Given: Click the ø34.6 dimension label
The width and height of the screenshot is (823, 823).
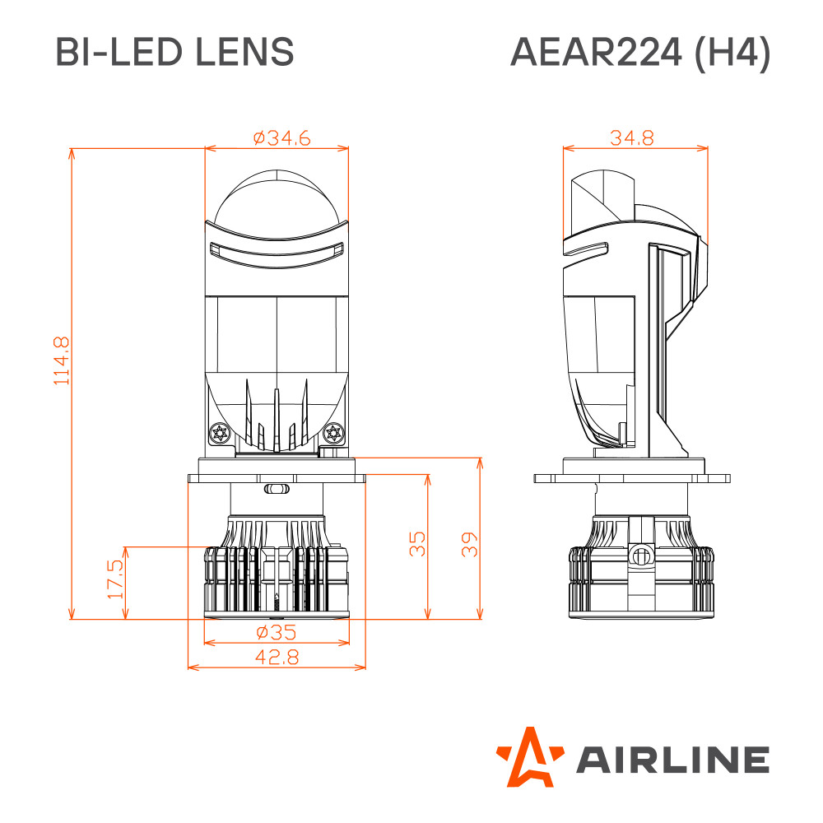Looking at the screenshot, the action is pyautogui.click(x=281, y=138).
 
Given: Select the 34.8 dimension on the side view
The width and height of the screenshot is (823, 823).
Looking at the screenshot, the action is pyautogui.click(x=632, y=138).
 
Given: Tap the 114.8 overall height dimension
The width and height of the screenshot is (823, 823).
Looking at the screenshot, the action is pyautogui.click(x=62, y=361).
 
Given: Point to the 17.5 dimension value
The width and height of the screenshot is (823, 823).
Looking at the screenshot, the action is pyautogui.click(x=115, y=579).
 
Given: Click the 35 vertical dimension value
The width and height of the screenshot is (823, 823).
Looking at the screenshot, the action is pyautogui.click(x=417, y=544).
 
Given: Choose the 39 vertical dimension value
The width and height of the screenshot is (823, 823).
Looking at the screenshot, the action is pyautogui.click(x=469, y=544).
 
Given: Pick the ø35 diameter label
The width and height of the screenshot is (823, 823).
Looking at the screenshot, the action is pyautogui.click(x=277, y=632).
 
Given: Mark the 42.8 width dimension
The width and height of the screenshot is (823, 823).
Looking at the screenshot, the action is pyautogui.click(x=277, y=657).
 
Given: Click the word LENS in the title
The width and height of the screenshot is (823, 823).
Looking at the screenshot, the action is pyautogui.click(x=244, y=52).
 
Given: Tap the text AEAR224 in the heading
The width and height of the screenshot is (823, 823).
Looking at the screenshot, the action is pyautogui.click(x=596, y=52).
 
